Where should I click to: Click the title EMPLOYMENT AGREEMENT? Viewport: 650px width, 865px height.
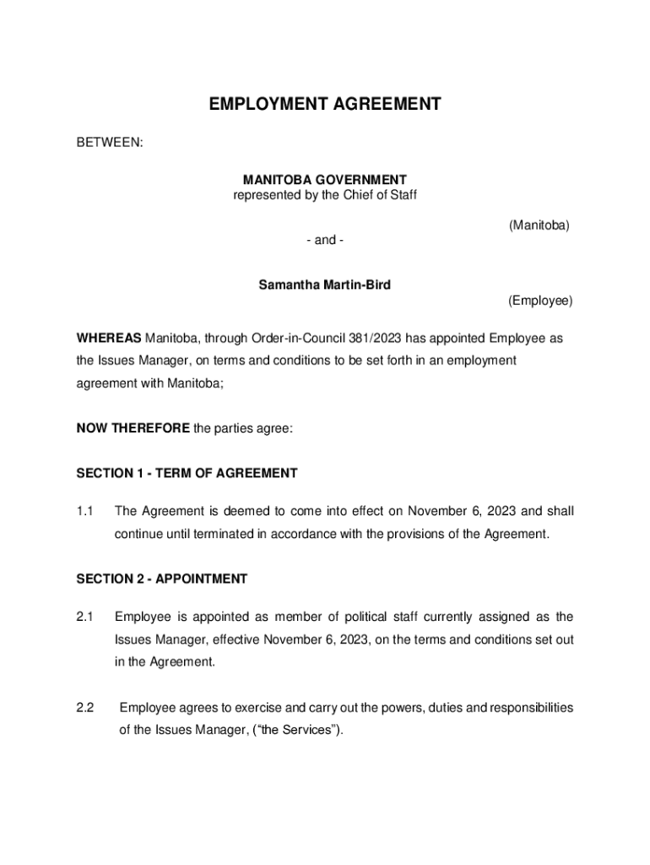325,105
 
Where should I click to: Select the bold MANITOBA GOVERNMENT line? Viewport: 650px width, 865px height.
325,180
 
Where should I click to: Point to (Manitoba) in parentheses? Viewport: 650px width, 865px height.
539,226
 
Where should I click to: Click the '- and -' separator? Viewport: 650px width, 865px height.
325,241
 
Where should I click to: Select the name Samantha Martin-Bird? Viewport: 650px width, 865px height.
325,286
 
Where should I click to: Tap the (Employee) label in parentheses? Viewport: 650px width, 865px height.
540,301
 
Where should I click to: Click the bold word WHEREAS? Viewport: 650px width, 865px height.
109,339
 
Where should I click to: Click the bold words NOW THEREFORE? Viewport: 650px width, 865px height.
133,428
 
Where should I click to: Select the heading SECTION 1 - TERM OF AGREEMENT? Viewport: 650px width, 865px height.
187,473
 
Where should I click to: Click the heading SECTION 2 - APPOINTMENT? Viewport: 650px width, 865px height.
162,579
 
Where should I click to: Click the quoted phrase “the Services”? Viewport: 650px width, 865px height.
300,730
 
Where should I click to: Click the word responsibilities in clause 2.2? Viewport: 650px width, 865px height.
525,707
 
